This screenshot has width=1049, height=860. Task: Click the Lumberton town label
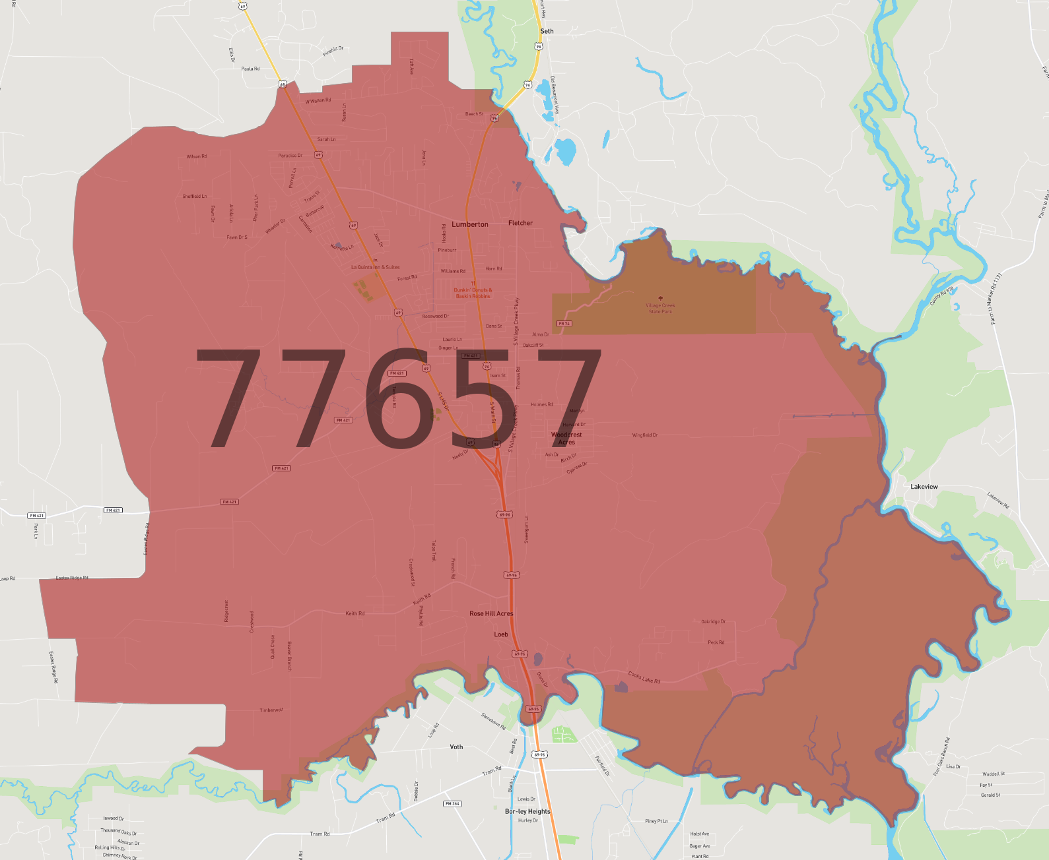click(470, 224)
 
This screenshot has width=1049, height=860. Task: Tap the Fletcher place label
click(520, 223)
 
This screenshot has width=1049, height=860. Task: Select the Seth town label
click(547, 31)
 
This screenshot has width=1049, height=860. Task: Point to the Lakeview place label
click(924, 487)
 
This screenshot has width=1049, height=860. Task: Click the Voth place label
click(456, 747)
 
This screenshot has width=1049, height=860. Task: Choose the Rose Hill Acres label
click(491, 613)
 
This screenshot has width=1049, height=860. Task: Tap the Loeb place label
click(501, 634)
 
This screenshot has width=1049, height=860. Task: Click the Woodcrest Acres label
click(566, 439)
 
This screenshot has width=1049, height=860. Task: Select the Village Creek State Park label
click(660, 308)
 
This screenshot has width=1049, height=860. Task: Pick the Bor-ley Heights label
click(527, 811)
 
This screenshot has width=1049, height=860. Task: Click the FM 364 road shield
click(452, 803)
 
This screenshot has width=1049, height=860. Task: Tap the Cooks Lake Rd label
click(644, 677)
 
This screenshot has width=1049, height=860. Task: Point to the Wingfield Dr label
click(645, 435)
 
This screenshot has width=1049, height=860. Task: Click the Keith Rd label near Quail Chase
click(355, 613)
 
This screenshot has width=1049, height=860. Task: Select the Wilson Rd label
click(197, 156)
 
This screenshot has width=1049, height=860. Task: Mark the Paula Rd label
click(250, 69)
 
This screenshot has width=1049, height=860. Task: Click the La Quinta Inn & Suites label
click(375, 267)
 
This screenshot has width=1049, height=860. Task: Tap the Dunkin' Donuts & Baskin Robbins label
click(473, 293)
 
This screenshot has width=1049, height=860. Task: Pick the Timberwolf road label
click(271, 710)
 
